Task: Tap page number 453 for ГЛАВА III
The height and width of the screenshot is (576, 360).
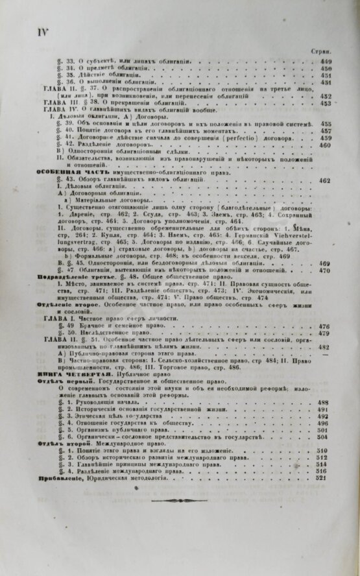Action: click(325, 103)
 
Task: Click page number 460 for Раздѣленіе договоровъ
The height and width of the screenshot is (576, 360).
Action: click(325, 145)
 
